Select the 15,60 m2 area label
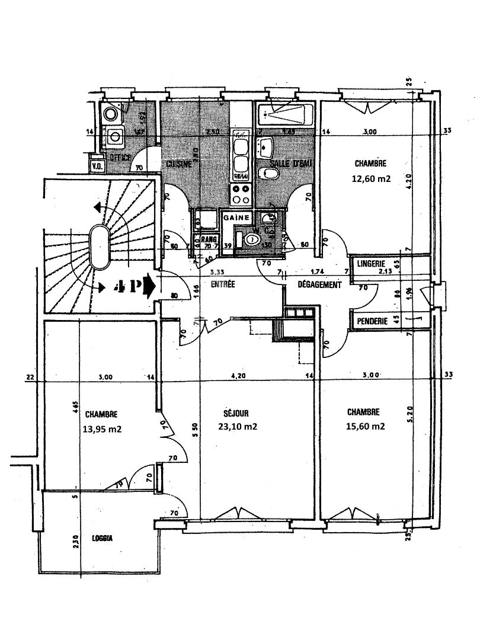[x=366, y=426]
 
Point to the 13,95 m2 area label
[x=103, y=430]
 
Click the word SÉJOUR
[x=236, y=413]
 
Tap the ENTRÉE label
[x=222, y=284]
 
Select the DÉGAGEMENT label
[x=319, y=285]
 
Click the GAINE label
[x=235, y=218]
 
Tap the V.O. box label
[x=97, y=166]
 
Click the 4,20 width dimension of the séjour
[x=237, y=376]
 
